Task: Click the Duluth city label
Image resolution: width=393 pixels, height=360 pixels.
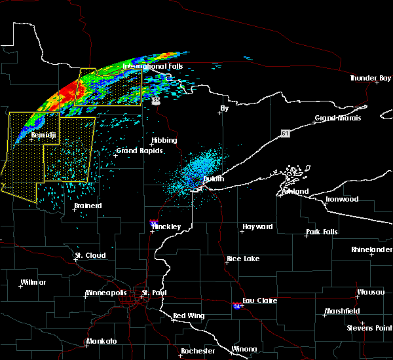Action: (214, 179)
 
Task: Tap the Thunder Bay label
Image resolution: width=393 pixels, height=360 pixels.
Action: (371, 78)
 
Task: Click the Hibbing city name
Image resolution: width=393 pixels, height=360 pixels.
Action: (164, 141)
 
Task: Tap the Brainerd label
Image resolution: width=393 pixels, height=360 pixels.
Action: (88, 206)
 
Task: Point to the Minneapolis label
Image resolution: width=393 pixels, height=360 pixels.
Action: (108, 292)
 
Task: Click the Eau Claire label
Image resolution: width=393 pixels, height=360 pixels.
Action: (260, 300)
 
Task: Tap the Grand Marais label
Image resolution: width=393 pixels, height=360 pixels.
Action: (338, 118)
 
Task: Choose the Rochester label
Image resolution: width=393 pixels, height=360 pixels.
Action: (198, 351)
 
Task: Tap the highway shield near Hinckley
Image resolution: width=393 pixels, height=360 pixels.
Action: (153, 223)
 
